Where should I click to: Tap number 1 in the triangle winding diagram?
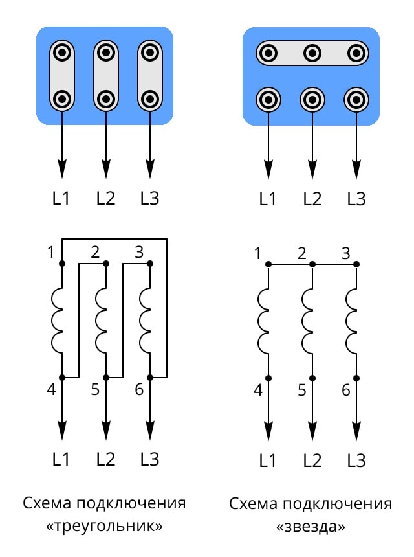click(51, 252)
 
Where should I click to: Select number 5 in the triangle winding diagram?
click(95, 390)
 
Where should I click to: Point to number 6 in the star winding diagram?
click(345, 390)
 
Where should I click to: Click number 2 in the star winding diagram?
click(301, 253)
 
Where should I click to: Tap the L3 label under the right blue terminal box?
click(356, 198)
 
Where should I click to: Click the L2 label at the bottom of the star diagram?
click(312, 460)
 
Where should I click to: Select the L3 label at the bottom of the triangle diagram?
click(149, 459)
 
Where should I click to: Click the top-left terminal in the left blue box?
click(62, 51)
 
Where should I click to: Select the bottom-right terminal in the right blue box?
click(356, 100)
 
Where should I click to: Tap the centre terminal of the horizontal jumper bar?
click(312, 52)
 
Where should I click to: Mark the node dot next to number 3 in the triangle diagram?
click(150, 264)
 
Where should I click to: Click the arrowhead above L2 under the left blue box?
click(106, 169)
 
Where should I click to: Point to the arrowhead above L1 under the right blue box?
click(268, 169)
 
